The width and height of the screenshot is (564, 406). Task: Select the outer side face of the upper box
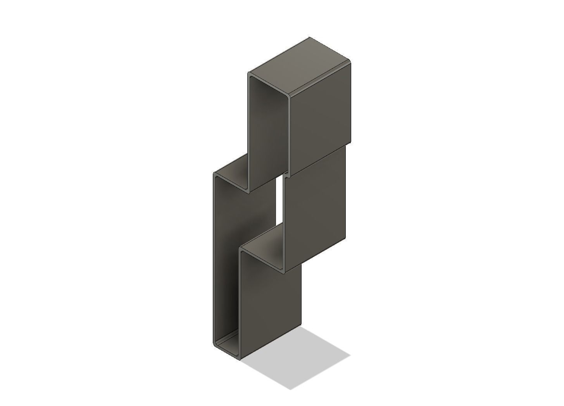click(321, 116)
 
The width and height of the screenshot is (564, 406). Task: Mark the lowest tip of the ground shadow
click(290, 389)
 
